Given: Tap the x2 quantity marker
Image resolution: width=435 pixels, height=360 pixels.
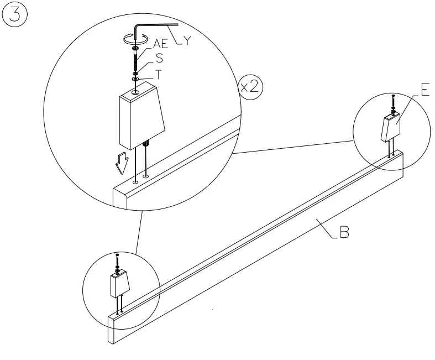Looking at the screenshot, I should (x=250, y=87).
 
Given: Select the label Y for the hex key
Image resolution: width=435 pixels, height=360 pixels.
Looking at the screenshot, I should (x=187, y=41).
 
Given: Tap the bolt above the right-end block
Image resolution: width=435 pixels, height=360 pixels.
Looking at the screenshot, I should (x=393, y=102).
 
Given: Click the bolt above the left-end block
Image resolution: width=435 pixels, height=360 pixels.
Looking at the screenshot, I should (x=117, y=260).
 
